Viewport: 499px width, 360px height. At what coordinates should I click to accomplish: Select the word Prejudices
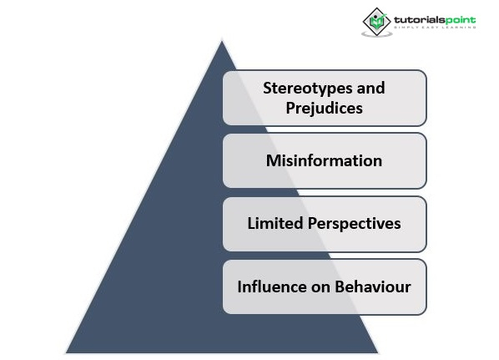pos(324,109)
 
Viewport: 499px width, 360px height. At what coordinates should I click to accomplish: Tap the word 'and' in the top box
pos(370,88)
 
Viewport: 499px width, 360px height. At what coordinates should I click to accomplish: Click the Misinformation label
pos(324,160)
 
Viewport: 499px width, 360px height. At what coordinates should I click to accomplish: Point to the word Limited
pos(275,223)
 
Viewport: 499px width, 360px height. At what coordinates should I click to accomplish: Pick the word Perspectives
pos(354,224)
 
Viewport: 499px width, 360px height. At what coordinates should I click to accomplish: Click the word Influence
pos(271,286)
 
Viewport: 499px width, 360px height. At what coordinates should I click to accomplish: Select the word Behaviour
pos(373,286)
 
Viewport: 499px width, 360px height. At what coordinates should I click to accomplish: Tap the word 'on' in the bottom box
pos(320,287)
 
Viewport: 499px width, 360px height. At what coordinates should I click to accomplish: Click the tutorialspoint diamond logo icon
pos(377,22)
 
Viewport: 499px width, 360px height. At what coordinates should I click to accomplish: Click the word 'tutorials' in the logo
pos(419,20)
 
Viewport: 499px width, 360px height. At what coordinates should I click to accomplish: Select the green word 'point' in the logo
pos(460,20)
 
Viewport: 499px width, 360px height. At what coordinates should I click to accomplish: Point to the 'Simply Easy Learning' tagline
pos(435,28)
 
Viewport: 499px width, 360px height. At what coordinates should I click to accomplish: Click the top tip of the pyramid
pos(222,40)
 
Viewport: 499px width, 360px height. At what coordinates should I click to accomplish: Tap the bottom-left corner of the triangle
pos(66,352)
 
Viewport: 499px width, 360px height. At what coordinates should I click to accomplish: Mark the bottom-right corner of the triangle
pos(378,352)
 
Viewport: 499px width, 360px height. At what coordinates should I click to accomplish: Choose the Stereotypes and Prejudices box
pos(325,98)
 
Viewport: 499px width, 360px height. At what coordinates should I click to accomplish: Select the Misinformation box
pos(325,160)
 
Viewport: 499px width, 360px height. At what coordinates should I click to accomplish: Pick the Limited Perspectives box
pos(325,224)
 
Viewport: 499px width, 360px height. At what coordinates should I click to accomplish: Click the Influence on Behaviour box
pos(325,286)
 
